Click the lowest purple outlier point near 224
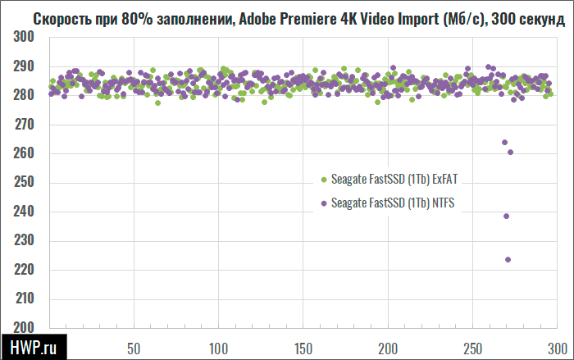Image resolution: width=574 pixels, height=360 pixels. (508, 260)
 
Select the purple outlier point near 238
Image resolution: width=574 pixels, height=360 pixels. (507, 216)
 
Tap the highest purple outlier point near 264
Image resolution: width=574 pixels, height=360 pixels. (505, 143)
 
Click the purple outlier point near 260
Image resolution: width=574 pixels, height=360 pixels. (510, 153)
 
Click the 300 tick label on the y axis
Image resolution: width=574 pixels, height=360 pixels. (24, 38)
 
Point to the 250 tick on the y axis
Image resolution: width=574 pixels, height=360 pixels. (24, 183)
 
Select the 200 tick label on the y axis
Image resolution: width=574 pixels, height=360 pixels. (24, 328)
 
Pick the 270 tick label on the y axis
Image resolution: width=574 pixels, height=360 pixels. (24, 125)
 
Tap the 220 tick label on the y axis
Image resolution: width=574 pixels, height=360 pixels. (24, 270)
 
